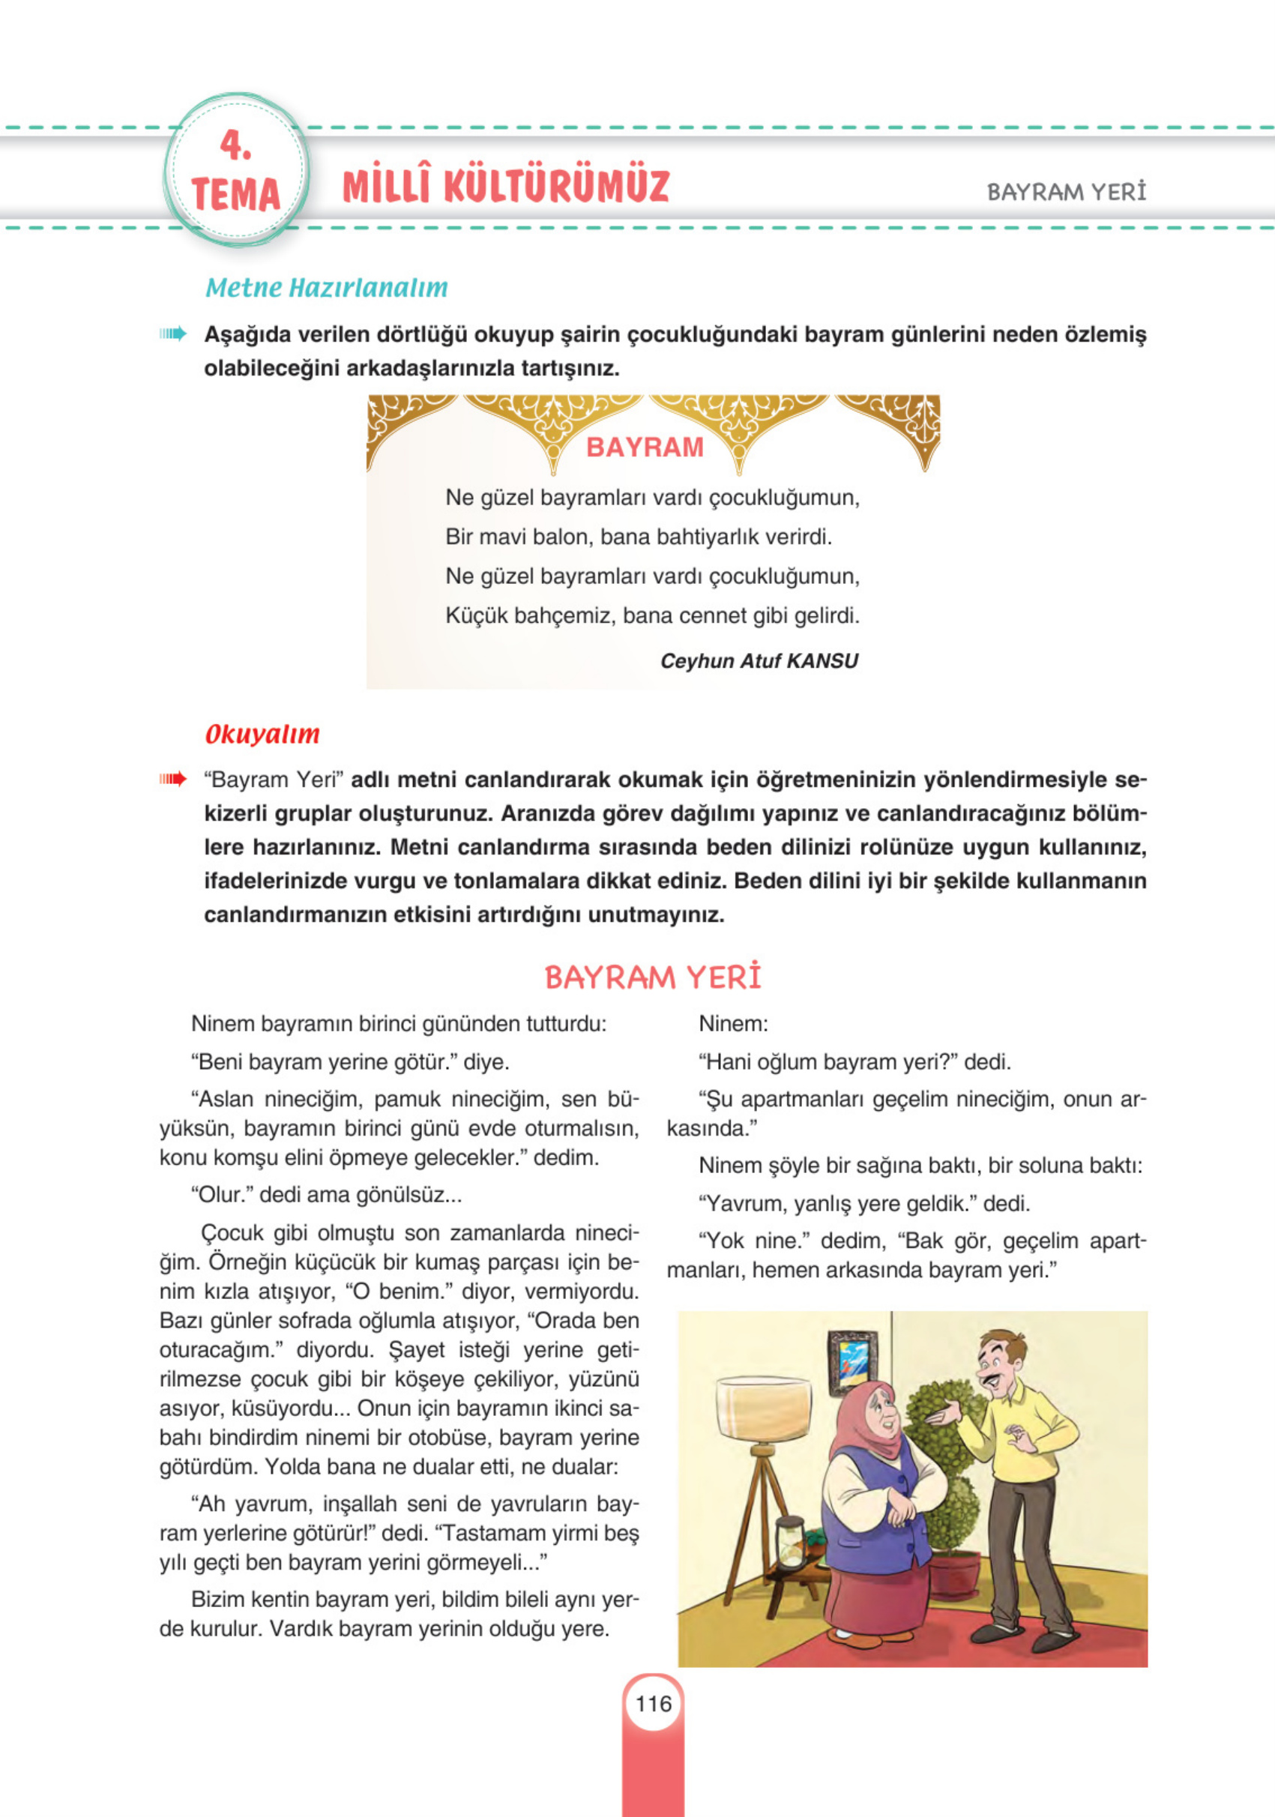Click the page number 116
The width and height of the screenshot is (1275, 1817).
point(653,1703)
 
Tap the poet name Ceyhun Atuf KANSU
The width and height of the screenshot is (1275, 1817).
point(759,661)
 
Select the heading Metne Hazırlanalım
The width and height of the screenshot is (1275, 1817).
point(326,287)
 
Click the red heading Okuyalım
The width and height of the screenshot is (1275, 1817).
point(262,734)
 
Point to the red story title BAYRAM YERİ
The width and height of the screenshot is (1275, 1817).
point(653,977)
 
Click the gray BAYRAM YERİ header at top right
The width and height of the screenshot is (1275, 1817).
point(1066,193)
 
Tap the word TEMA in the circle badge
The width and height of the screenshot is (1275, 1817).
point(236,194)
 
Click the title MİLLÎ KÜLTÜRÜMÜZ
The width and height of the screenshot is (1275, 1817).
point(506,186)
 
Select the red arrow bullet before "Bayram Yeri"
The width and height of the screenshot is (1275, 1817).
point(172,780)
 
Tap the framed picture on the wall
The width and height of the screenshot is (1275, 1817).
point(852,1362)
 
